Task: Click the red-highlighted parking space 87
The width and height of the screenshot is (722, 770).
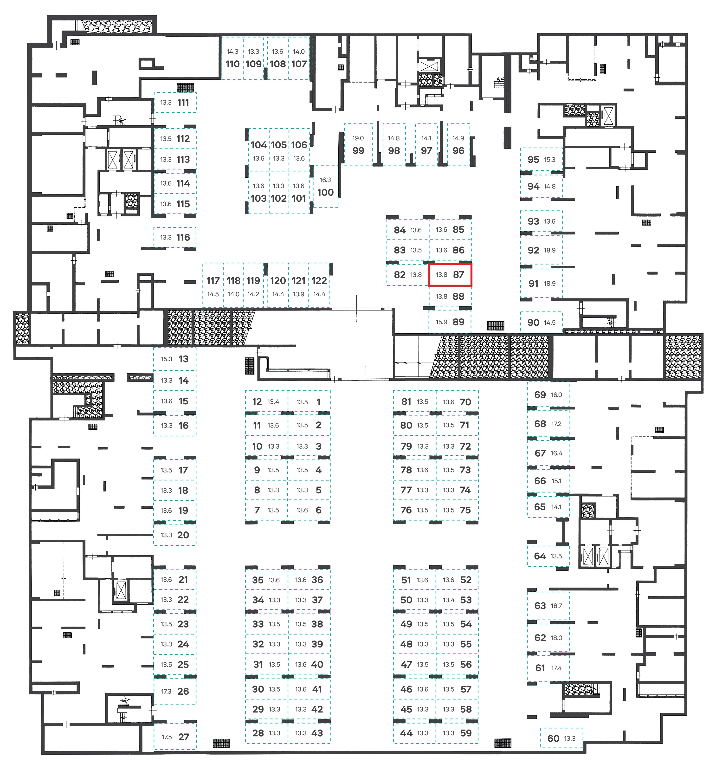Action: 450,275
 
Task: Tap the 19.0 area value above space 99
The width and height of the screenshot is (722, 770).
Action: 358,138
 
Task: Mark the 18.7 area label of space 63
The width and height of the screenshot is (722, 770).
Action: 556,606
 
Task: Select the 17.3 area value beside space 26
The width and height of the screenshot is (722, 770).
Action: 166,691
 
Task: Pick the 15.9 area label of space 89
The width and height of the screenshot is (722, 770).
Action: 442,322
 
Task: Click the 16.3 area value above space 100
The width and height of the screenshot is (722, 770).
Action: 325,180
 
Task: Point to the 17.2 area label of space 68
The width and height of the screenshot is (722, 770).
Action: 556,424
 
